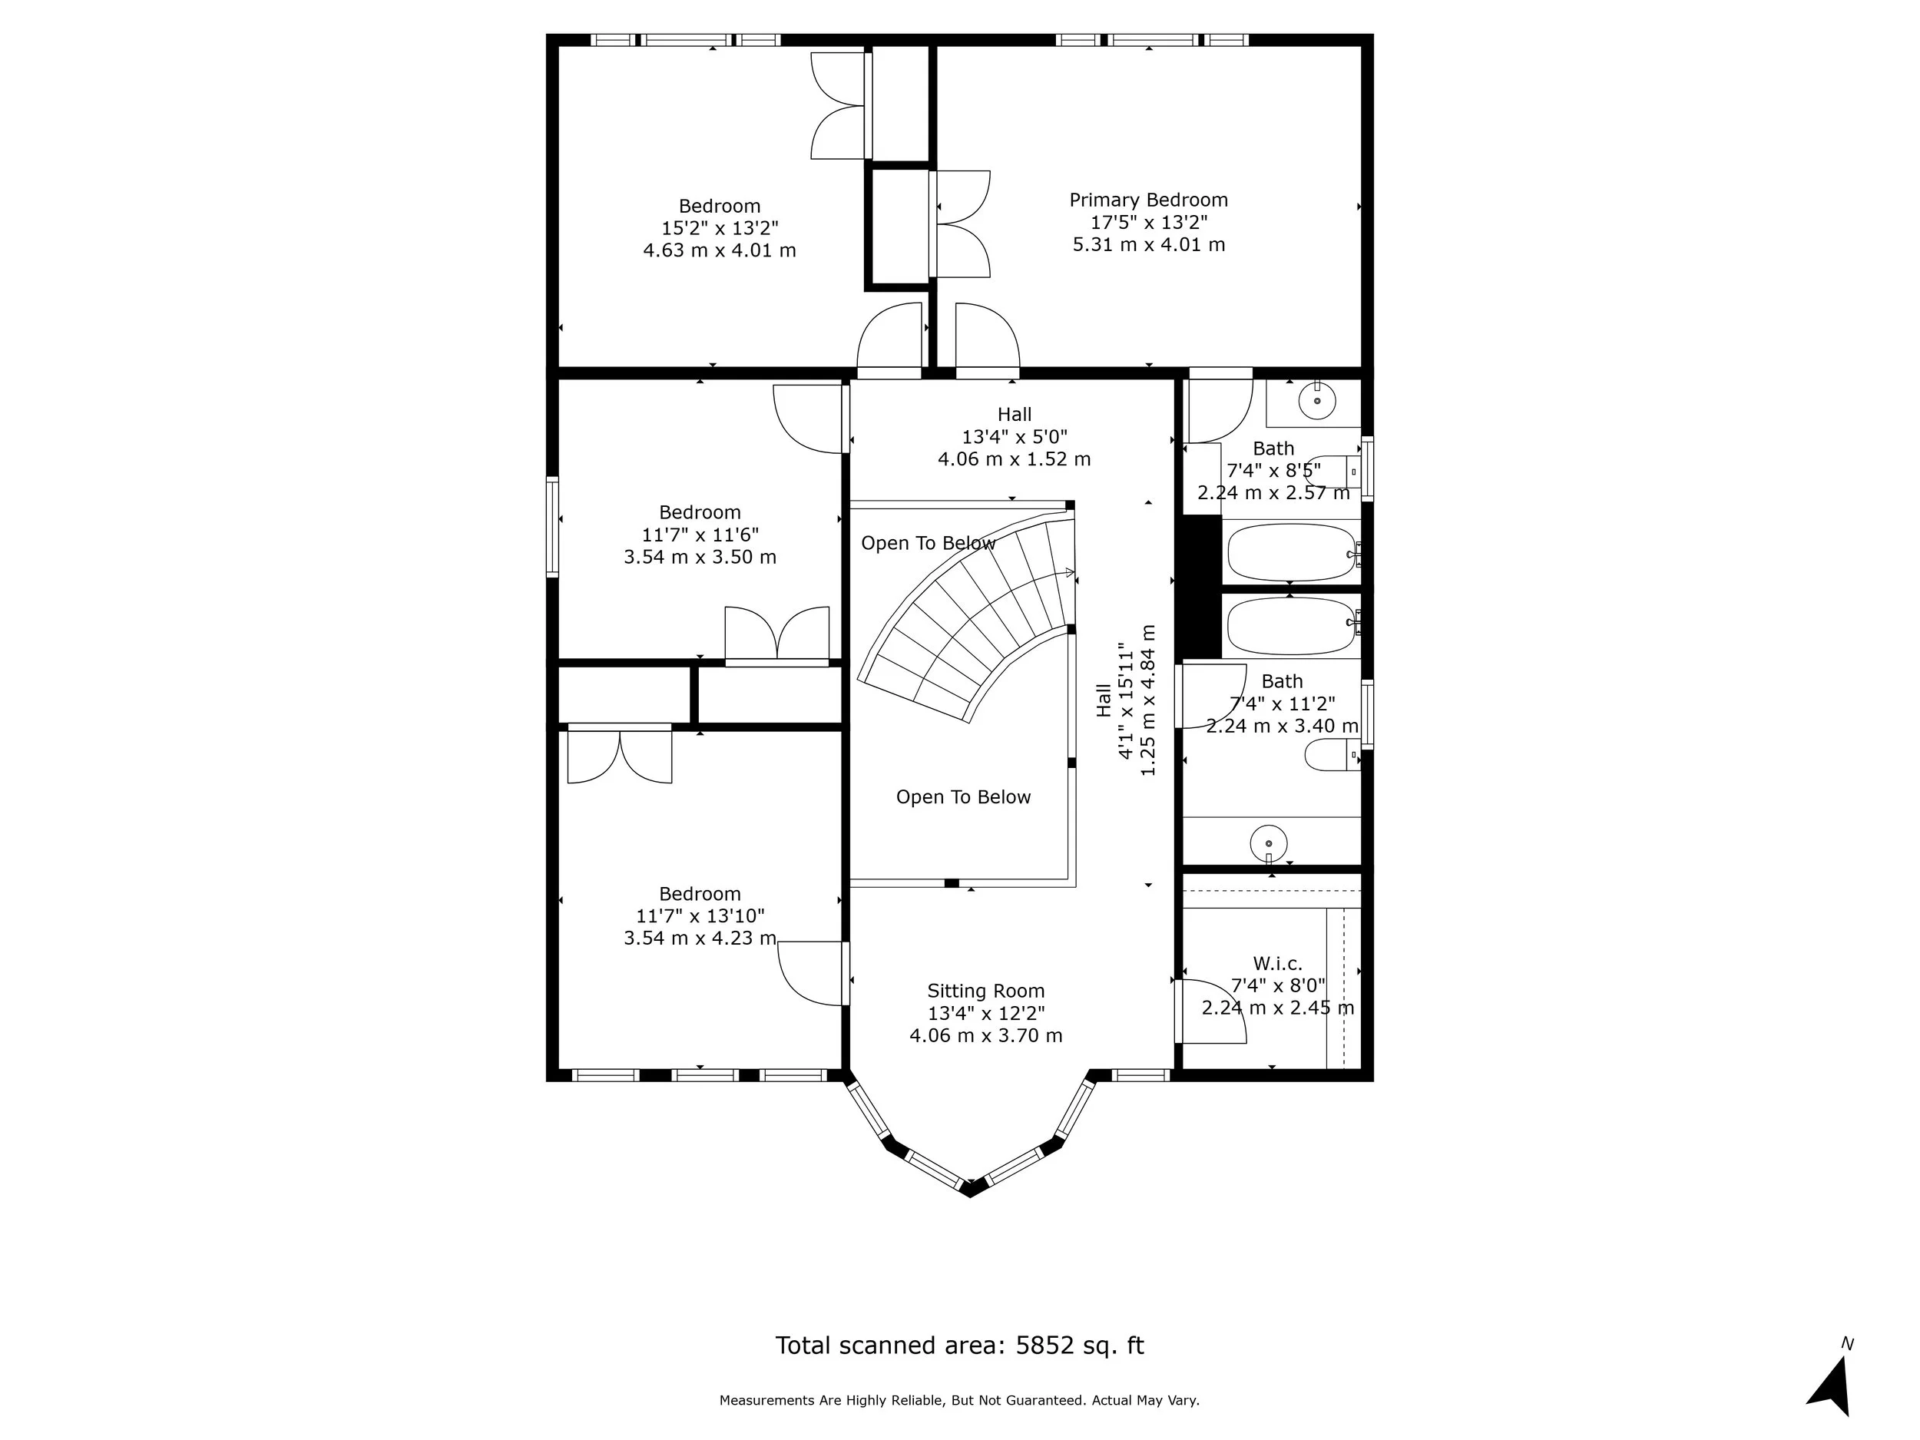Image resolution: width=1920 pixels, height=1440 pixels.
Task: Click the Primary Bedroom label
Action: click(1147, 200)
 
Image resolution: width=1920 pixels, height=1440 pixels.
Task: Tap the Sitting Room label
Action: click(985, 991)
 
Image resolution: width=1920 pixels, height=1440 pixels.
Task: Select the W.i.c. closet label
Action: click(1277, 964)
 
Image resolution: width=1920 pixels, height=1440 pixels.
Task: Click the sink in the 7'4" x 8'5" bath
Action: click(1317, 401)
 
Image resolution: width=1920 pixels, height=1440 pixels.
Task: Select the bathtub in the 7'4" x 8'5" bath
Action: click(1291, 552)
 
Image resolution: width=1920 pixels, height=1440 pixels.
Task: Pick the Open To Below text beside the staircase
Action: click(928, 544)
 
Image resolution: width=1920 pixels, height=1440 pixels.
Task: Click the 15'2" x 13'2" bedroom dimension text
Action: click(720, 228)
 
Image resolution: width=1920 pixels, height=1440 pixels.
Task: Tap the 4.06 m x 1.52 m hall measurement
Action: click(1014, 459)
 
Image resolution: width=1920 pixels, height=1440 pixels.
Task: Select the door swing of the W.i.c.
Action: click(1213, 1011)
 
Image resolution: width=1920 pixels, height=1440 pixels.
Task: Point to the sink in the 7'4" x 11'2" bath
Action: click(1268, 842)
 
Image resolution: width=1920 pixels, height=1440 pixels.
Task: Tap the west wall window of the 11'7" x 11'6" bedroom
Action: click(552, 526)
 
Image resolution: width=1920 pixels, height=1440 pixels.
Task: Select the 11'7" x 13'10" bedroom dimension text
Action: click(700, 915)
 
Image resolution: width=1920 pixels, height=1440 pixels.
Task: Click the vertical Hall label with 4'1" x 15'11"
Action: click(1103, 700)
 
